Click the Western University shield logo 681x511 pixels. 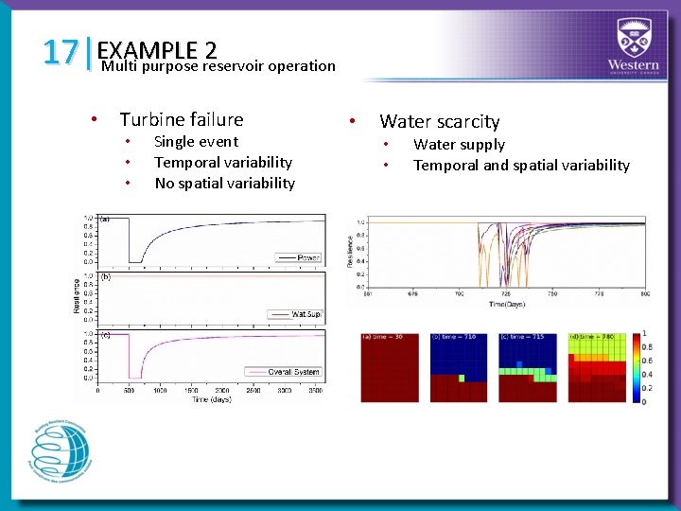pyautogui.click(x=633, y=38)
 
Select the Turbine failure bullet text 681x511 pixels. pyautogui.click(x=181, y=119)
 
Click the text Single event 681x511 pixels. pyautogui.click(x=196, y=142)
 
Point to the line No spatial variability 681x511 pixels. pyautogui.click(x=224, y=184)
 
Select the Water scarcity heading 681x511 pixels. pyautogui.click(x=439, y=121)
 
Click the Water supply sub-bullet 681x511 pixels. pyautogui.click(x=459, y=145)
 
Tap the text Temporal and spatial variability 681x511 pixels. pyautogui.click(x=521, y=166)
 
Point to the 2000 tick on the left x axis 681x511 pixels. pyautogui.click(x=221, y=390)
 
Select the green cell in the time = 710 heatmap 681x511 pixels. pyautogui.click(x=462, y=378)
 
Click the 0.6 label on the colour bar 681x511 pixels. pyautogui.click(x=645, y=360)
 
